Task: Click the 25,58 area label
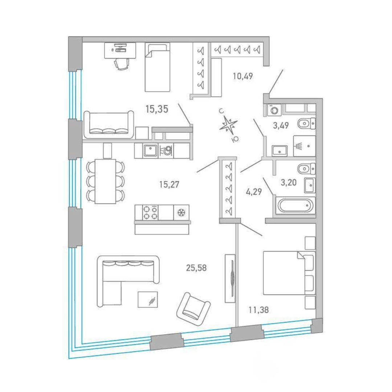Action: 196,268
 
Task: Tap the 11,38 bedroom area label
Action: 258,310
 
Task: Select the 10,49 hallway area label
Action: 243,76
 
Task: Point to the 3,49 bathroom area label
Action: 281,125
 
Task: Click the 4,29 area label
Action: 254,192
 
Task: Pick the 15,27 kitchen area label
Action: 169,184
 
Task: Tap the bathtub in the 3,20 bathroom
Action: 295,205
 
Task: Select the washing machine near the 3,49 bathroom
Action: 274,110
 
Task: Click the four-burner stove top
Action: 150,212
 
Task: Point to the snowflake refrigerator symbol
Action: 181,213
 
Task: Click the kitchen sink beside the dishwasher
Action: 150,151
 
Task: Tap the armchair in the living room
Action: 193,309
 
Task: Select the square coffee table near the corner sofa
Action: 148,299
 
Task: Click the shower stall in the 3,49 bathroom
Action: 304,146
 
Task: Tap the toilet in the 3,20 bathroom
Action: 306,169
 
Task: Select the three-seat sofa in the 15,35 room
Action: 109,124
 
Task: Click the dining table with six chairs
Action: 105,181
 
